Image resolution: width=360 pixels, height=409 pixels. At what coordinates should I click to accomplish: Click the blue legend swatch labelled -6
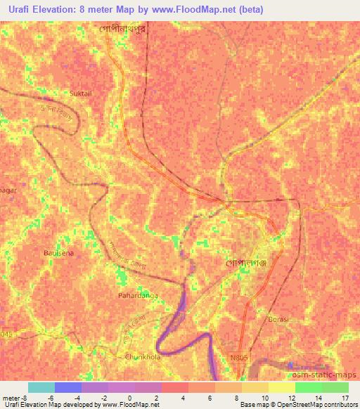click(x=68, y=387)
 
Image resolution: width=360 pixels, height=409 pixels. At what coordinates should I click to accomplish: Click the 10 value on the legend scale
click(x=264, y=397)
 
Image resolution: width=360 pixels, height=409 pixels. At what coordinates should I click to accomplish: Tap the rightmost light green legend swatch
click(x=335, y=387)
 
